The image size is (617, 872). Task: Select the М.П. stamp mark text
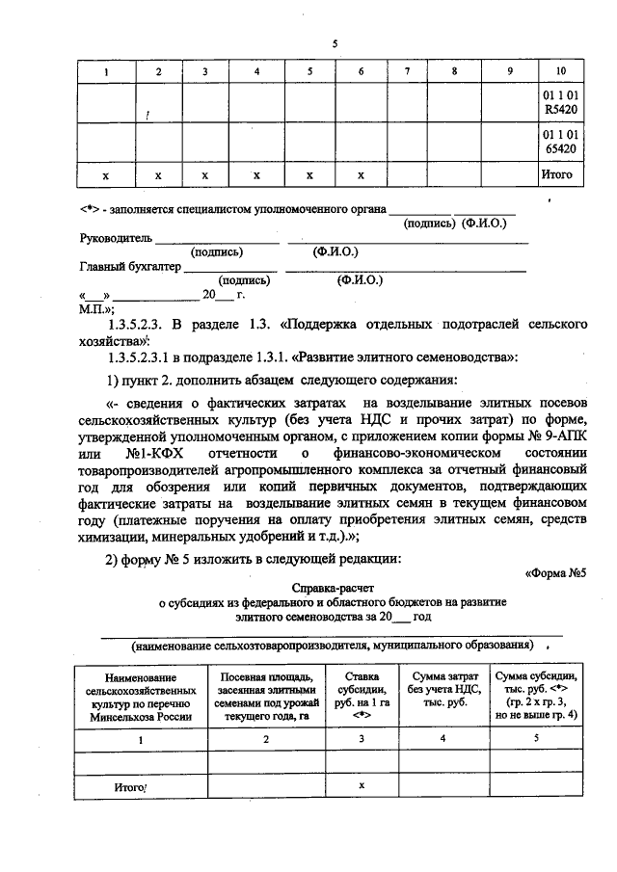[x=96, y=310]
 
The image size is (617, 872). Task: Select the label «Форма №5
[x=554, y=573]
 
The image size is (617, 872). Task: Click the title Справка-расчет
[x=334, y=587]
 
